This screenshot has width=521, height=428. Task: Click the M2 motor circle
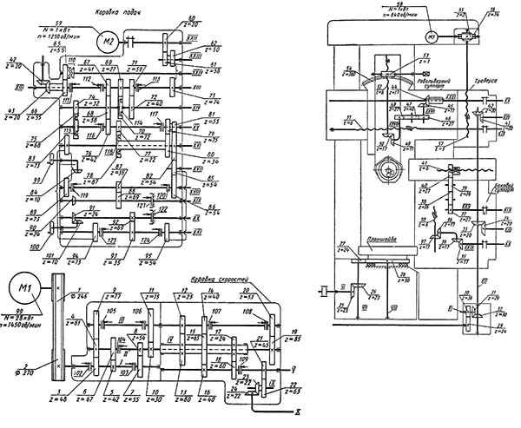coord(109,39)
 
